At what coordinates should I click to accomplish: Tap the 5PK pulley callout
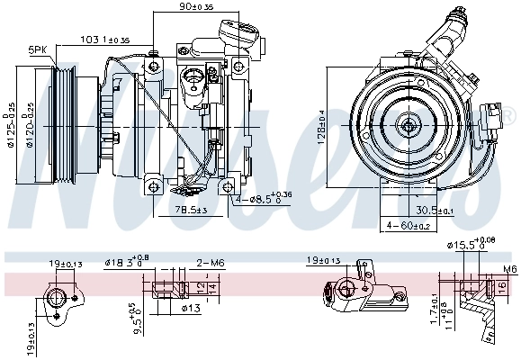tap(38, 49)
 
